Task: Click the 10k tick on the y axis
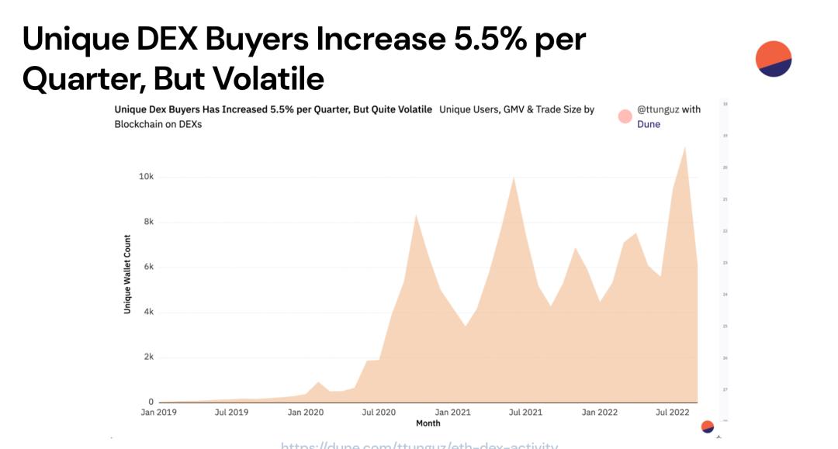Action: (146, 177)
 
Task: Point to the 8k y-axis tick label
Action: (148, 222)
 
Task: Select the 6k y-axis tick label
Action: (148, 267)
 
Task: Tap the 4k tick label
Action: (148, 312)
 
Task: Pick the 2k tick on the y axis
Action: (148, 357)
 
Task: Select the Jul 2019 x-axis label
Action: (230, 413)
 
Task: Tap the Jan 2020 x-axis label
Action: (305, 413)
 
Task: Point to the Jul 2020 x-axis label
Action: (379, 413)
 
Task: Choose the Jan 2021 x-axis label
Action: (452, 413)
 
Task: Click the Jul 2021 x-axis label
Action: (525, 413)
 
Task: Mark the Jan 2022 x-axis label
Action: (600, 413)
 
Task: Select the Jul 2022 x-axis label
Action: (672, 413)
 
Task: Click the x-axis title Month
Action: (428, 423)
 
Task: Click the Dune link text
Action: (649, 124)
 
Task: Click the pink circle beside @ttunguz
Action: (625, 116)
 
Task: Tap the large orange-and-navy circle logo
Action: (773, 59)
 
